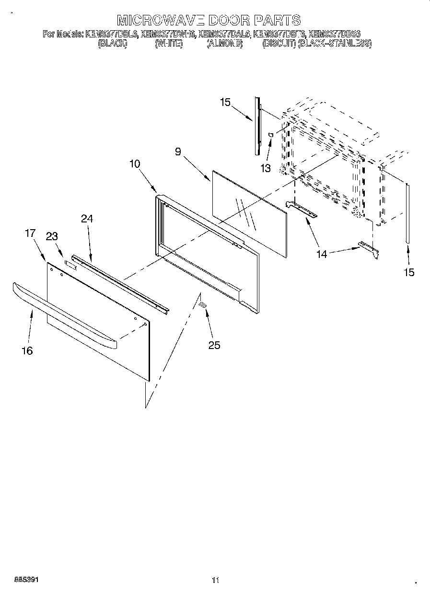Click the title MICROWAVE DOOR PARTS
[209, 20]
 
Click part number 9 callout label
[178, 152]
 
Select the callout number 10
[135, 164]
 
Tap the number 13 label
[266, 168]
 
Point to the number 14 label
[322, 254]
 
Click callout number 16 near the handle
[27, 351]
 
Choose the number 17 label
[30, 233]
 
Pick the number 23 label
[52, 236]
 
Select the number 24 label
[87, 219]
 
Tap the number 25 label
[214, 345]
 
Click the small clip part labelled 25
[203, 305]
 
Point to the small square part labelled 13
[271, 135]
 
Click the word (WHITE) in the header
[168, 44]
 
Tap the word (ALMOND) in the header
[224, 44]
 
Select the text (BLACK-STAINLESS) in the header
[334, 44]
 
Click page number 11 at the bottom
[215, 581]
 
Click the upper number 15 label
[225, 102]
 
